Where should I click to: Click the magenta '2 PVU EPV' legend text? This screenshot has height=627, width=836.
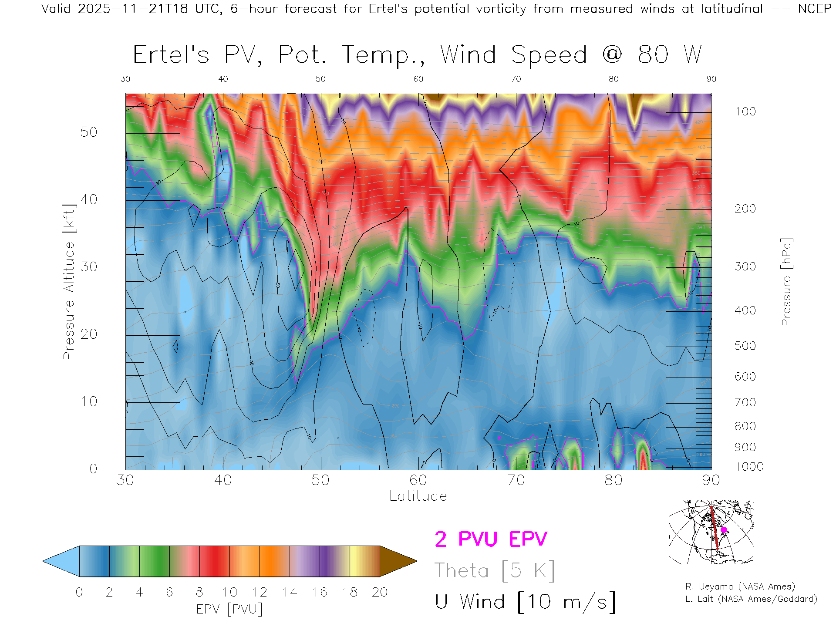pos(491,539)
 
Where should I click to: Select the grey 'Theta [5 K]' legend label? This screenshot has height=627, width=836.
pos(495,570)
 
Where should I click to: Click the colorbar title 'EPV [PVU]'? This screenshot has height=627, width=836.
pos(229,609)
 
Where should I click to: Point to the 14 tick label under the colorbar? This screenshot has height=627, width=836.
pos(290,592)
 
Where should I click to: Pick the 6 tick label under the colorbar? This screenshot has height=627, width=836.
pos(169,592)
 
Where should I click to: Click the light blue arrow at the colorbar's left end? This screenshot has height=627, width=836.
pos(61,561)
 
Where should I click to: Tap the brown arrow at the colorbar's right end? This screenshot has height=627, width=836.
pos(398,561)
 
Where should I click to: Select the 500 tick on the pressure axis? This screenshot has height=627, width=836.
pos(745,346)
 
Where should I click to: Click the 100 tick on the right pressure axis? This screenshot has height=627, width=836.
pos(745,111)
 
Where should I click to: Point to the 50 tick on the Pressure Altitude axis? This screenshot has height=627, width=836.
pos(88,132)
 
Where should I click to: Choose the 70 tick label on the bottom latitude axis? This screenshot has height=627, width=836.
pos(516,480)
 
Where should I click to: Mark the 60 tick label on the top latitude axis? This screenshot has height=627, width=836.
pos(418,79)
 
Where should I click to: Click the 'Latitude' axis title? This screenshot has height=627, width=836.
pos(418,496)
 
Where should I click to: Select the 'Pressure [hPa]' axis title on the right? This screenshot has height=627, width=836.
pos(786,282)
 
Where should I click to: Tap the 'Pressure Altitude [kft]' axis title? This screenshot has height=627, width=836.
pos(69,282)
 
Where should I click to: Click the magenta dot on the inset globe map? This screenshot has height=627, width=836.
pos(724,530)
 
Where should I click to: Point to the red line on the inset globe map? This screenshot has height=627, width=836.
pos(714,527)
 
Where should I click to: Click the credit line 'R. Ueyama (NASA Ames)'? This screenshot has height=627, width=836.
pos(740,587)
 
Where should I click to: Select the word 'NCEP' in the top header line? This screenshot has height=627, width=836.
pos(814,9)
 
